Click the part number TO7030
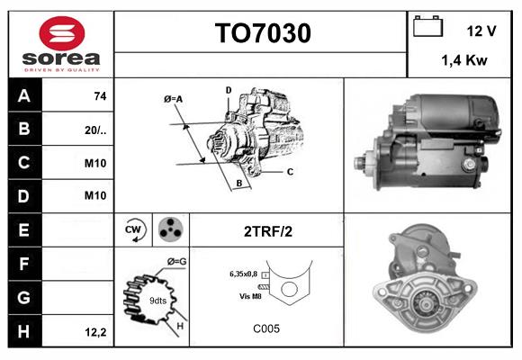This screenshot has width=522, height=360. point(262,34)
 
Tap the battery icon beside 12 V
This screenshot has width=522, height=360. point(426,28)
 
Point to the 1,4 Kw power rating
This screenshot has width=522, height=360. point(463,61)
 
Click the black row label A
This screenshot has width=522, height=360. point(24,96)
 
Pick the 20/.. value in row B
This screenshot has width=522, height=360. point(95,129)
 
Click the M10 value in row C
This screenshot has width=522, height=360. point(95,163)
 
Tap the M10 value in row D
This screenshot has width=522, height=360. point(95,195)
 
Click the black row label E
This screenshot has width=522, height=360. point(24,230)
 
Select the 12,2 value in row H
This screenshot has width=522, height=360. point(95,332)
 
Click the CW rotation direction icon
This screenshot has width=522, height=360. point(134,230)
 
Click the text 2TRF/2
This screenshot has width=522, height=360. point(267,231)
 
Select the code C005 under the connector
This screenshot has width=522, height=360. point(266,328)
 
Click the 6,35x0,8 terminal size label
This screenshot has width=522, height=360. point(243,273)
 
